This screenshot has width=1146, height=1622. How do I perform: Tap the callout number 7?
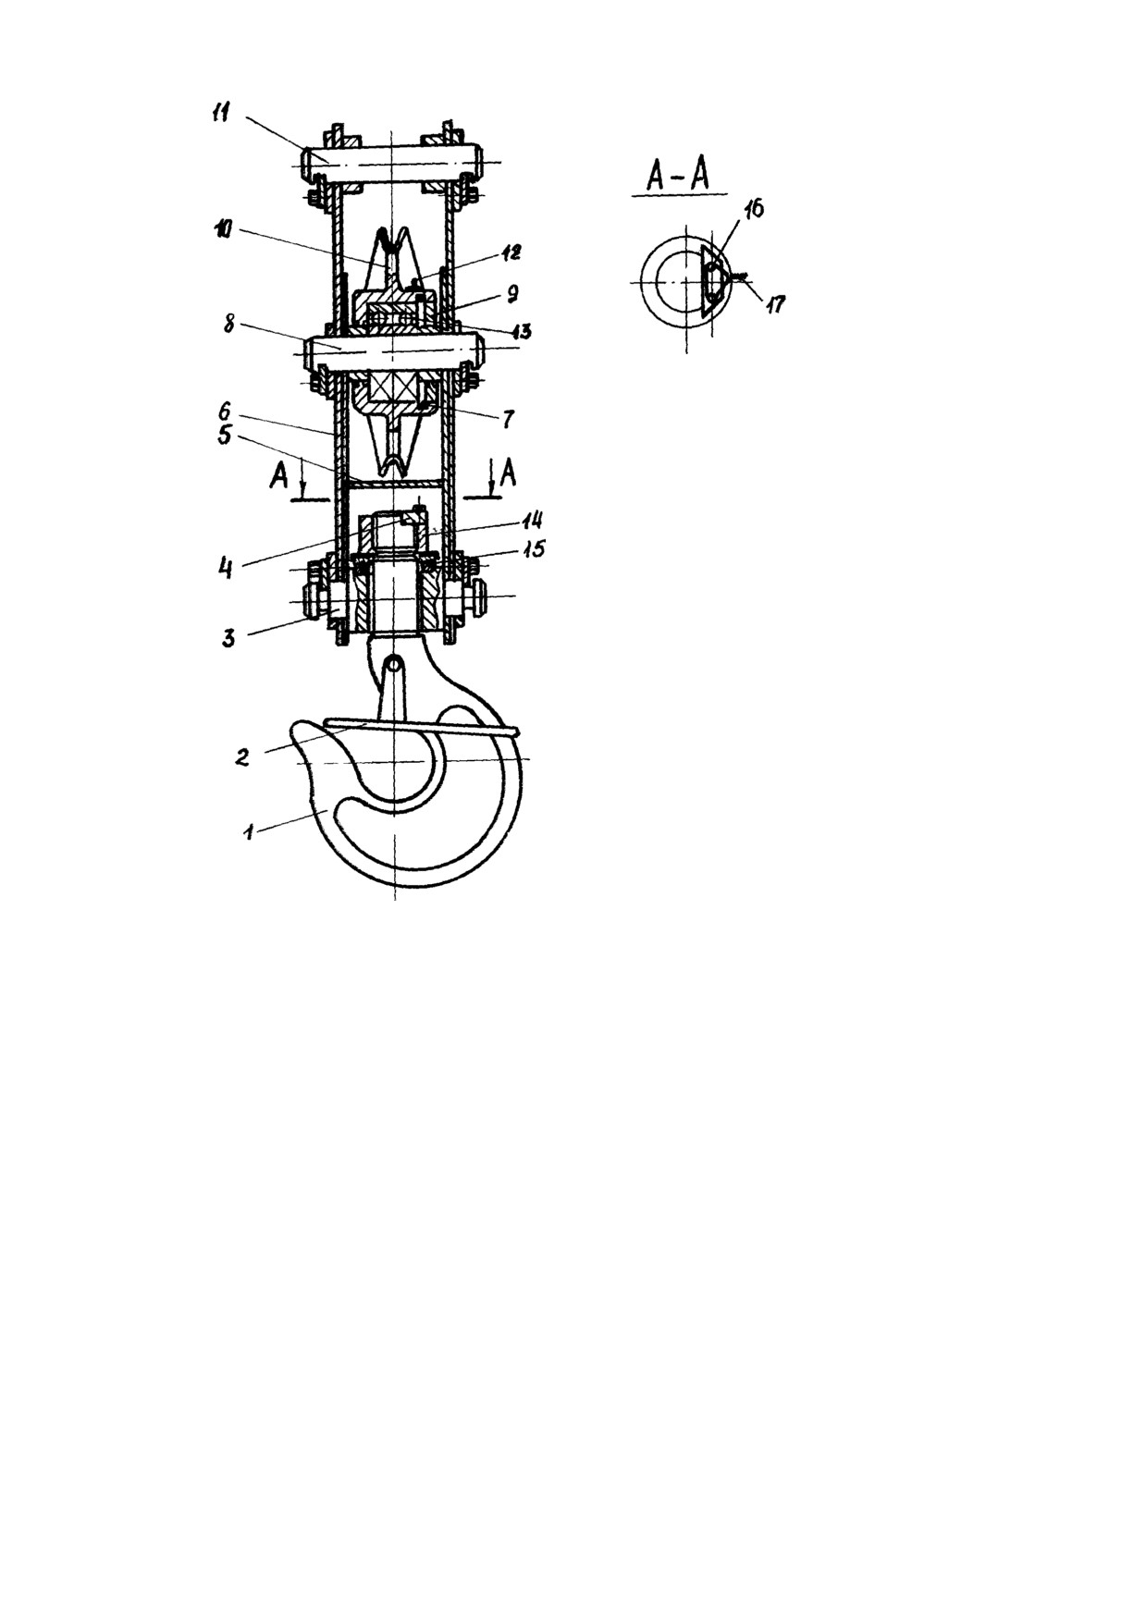pyautogui.click(x=508, y=420)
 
